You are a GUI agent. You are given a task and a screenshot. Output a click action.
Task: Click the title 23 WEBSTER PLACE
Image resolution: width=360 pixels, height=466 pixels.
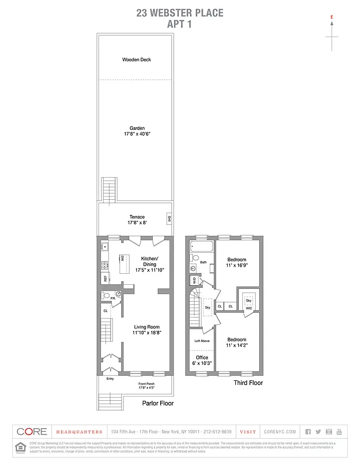point(179,13)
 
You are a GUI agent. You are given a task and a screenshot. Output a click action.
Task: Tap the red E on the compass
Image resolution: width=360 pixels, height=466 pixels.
point(331,18)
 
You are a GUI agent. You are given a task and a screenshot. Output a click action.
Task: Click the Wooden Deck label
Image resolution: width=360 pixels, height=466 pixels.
point(137,59)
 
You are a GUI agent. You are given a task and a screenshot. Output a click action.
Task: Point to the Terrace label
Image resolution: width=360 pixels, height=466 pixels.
point(137,217)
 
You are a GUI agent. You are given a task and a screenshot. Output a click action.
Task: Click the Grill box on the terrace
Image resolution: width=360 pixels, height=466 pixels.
point(169,219)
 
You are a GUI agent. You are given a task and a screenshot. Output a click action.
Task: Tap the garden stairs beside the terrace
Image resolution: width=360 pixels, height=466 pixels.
point(108,189)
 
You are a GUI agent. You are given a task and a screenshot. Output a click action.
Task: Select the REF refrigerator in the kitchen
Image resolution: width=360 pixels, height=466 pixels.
point(105,278)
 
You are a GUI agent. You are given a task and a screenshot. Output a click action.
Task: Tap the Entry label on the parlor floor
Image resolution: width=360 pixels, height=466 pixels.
point(110,379)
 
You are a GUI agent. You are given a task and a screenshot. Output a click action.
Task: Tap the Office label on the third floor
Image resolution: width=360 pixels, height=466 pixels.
point(202,357)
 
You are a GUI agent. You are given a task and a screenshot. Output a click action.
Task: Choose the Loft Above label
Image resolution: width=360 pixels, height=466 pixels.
point(202,341)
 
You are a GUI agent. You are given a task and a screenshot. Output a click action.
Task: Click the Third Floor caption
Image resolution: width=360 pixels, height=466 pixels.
point(248,383)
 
